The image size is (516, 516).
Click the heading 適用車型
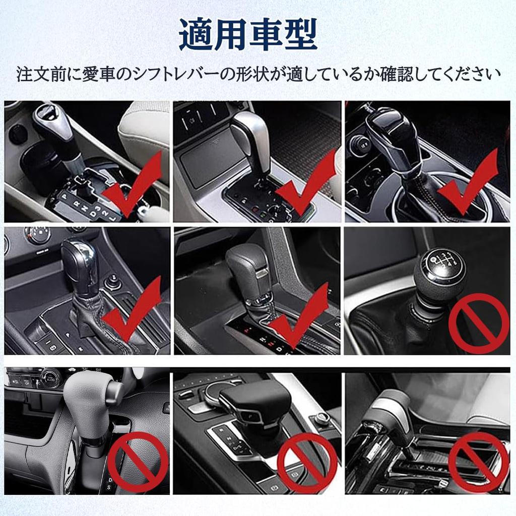click(248, 35)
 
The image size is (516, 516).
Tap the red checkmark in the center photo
click(299, 315)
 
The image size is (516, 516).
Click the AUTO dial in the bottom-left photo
click(50, 378)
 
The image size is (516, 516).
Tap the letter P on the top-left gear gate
click(64, 197)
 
